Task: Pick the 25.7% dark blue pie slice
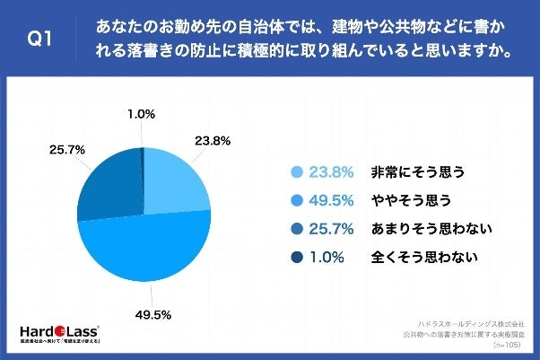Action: [108, 184]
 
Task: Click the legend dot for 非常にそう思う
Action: [295, 171]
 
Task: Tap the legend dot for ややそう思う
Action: [295, 199]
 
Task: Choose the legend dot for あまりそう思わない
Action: [295, 228]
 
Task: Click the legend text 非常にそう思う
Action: [419, 171]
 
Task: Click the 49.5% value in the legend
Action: [330, 199]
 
